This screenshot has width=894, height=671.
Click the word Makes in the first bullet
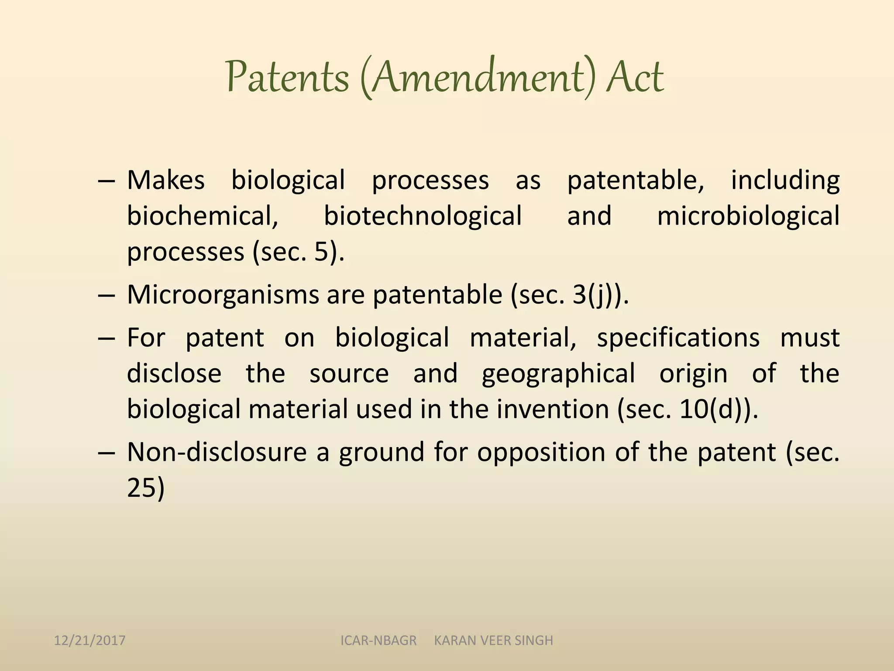(x=165, y=180)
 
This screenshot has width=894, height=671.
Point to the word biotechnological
(x=423, y=216)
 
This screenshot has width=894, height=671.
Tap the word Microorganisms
(x=223, y=294)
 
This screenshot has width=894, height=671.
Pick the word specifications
(x=678, y=338)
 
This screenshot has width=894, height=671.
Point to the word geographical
(x=558, y=374)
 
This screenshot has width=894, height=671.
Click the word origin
(x=693, y=374)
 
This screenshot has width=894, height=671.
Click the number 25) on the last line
(x=146, y=488)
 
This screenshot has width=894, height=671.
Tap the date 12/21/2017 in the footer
(x=89, y=640)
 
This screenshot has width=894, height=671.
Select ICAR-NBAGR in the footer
(x=378, y=640)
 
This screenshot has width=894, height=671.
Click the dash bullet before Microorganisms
(x=107, y=295)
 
